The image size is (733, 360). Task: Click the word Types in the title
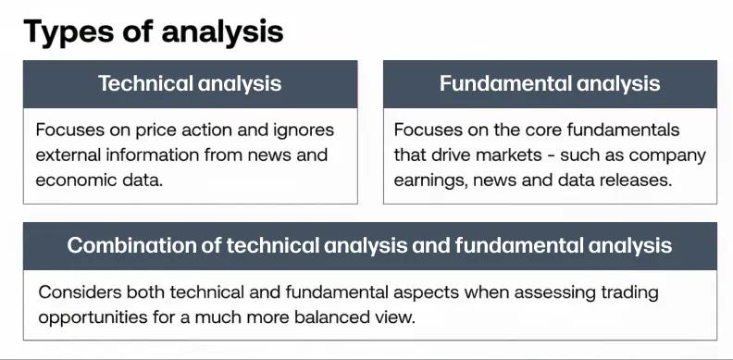click(68, 31)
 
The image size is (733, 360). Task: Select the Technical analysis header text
click(190, 83)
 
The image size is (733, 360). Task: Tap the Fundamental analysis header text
click(550, 83)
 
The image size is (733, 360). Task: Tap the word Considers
click(79, 292)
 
